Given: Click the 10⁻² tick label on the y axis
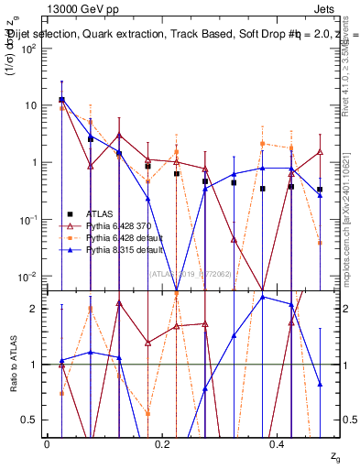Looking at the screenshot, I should (x=30, y=277).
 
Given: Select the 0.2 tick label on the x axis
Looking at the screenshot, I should (x=162, y=443).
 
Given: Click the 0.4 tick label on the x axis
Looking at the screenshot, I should (x=278, y=443).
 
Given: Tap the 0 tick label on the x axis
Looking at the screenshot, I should (x=47, y=443).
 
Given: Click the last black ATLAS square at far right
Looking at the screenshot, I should (x=320, y=190).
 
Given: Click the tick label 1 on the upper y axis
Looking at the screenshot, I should (x=35, y=162).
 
